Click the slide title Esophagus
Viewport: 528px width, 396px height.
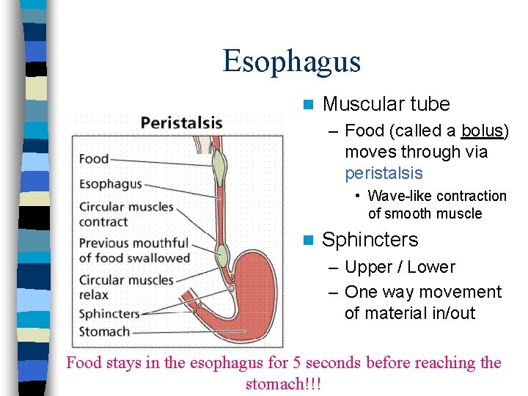tap(292, 61)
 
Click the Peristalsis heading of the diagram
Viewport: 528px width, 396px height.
tap(181, 122)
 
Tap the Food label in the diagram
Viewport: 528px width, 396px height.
tap(94, 158)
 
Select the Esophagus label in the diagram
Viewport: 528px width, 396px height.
tap(110, 184)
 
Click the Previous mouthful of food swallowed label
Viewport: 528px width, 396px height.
tap(134, 250)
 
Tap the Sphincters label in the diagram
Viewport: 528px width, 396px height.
tap(109, 314)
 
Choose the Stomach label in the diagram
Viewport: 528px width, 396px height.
tap(104, 331)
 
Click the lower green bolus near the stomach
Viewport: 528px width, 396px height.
tap(221, 254)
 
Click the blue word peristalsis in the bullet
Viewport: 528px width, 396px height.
tap(384, 173)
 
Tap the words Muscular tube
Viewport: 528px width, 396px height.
tap(386, 104)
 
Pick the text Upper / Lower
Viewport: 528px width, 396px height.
tap(400, 267)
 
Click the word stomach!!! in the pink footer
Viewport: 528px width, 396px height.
tap(283, 384)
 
